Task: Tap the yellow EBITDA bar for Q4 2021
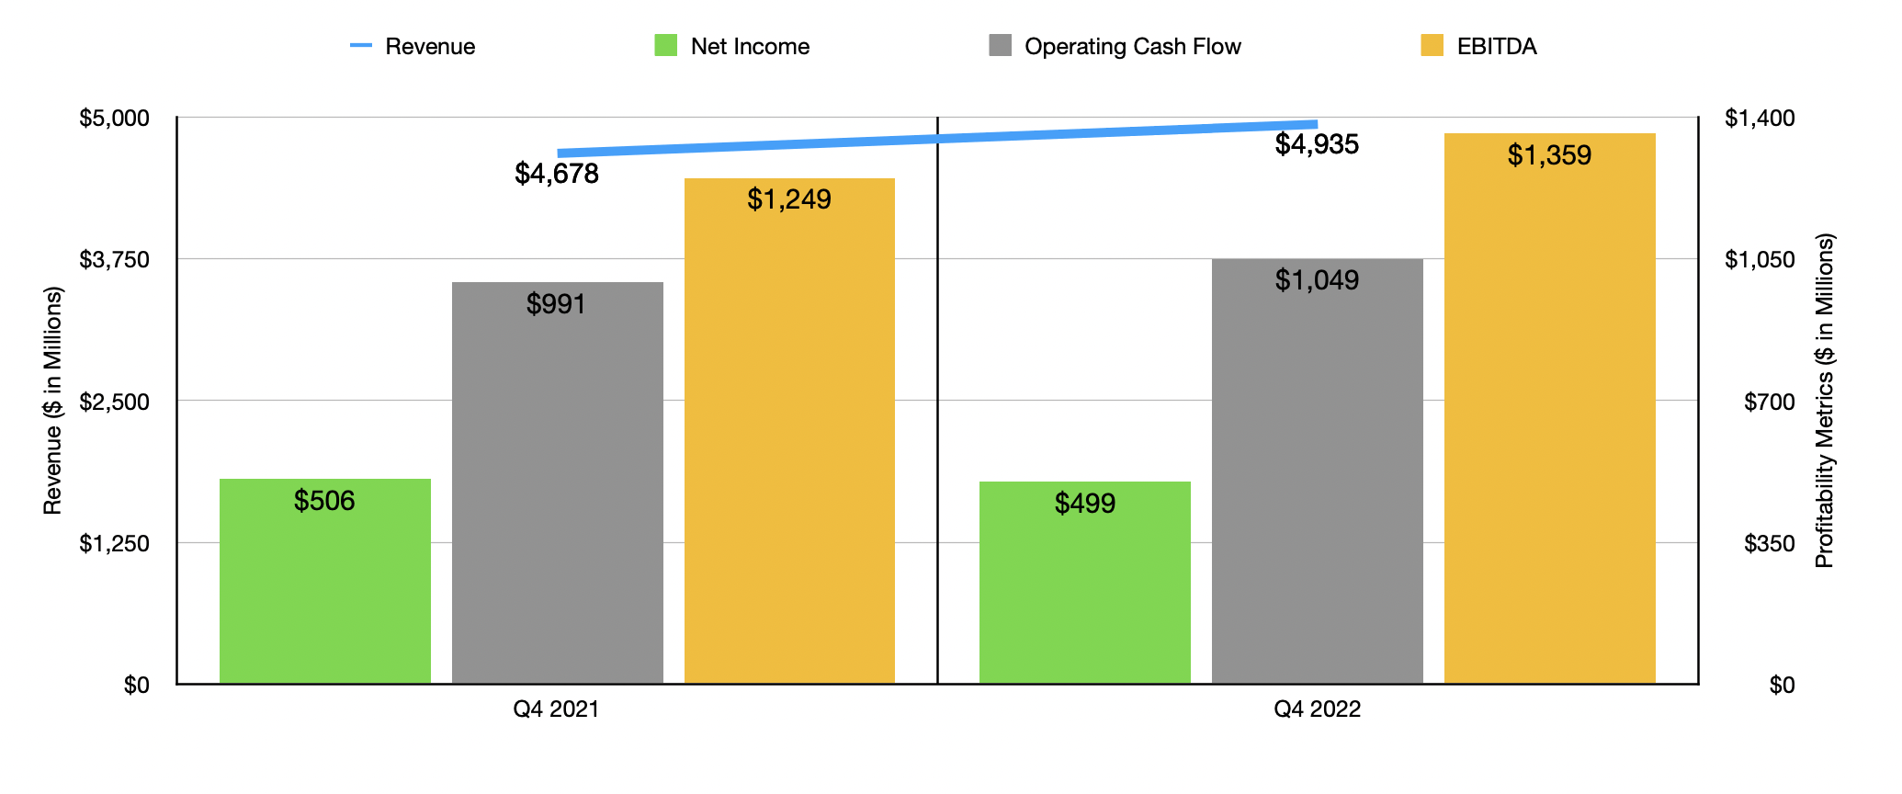tap(789, 431)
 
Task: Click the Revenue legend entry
tap(413, 47)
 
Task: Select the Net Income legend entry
tap(731, 47)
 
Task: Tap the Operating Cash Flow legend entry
tap(1115, 47)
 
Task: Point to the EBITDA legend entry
tap(1478, 47)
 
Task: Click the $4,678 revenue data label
tap(557, 174)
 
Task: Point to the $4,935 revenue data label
tap(1317, 144)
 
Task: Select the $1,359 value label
tap(1549, 155)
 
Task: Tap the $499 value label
tap(1085, 504)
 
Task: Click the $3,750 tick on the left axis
tap(114, 260)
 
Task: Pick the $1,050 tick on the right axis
tap(1759, 260)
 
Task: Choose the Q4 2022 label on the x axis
tap(1317, 709)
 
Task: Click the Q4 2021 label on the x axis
tap(557, 709)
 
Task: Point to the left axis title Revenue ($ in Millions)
tap(53, 401)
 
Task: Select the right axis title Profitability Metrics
tap(1824, 401)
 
